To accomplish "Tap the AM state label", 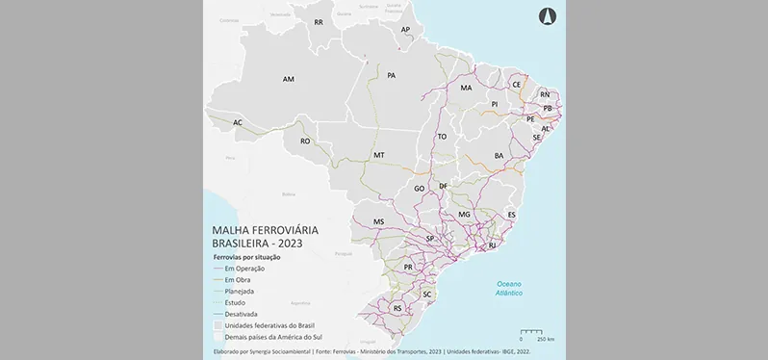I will pyautogui.click(x=288, y=79).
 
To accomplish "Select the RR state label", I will pyautogui.click(x=318, y=22).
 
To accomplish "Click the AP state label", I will pyautogui.click(x=405, y=30).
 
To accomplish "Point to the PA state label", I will pyautogui.click(x=392, y=75).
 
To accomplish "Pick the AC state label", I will pyautogui.click(x=237, y=122).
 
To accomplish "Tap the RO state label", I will pyautogui.click(x=305, y=141).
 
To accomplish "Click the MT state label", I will pyautogui.click(x=378, y=155).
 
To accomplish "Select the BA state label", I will pyautogui.click(x=499, y=155).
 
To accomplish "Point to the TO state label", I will pyautogui.click(x=442, y=137).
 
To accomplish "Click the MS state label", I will pyautogui.click(x=378, y=222).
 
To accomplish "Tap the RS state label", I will pyautogui.click(x=397, y=308).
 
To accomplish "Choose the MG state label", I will pyautogui.click(x=464, y=215).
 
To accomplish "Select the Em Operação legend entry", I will pyautogui.click(x=244, y=268).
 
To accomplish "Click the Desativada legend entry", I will pyautogui.click(x=241, y=313).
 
